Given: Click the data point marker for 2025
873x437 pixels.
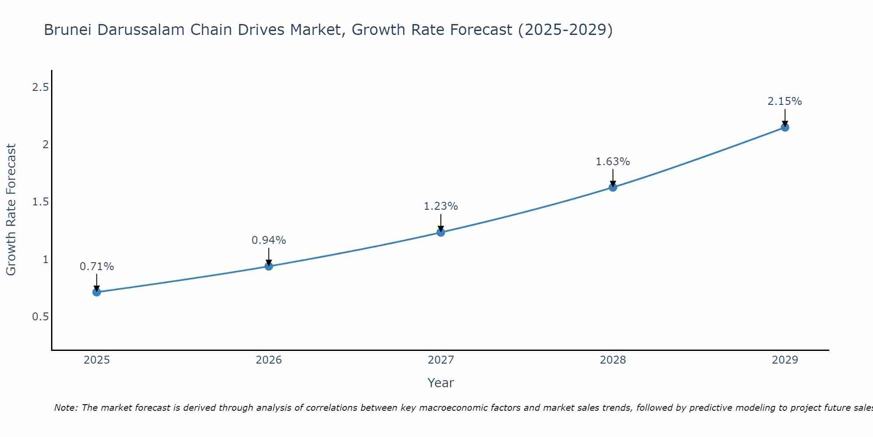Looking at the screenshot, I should click(x=97, y=292).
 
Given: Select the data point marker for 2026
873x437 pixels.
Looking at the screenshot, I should click(x=269, y=266).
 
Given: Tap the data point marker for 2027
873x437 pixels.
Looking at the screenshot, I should click(x=441, y=232).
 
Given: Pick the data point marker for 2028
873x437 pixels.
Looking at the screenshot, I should click(x=613, y=187).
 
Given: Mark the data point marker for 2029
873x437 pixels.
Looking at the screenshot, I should click(x=785, y=128).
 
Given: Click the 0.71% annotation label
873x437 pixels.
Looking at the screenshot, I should click(x=97, y=267).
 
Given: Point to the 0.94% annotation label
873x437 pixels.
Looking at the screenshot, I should click(x=269, y=240).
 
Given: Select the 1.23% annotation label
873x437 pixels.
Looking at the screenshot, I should click(x=441, y=206).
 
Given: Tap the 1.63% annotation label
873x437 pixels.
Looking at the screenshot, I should click(x=613, y=162).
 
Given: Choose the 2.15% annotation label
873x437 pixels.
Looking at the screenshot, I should click(x=785, y=101).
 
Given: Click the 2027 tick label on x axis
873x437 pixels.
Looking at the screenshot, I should click(x=441, y=360).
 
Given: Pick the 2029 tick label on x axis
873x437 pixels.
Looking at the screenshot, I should click(x=785, y=360).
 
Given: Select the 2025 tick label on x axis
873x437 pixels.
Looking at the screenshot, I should click(x=97, y=360).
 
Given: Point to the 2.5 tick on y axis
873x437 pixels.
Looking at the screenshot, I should click(x=40, y=87).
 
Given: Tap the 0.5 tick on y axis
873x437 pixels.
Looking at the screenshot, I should click(x=40, y=317).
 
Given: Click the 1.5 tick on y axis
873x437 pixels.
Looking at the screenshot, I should click(x=40, y=202).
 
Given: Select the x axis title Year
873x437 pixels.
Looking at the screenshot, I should click(x=441, y=383).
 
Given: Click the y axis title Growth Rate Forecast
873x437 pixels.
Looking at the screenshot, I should click(x=11, y=210).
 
